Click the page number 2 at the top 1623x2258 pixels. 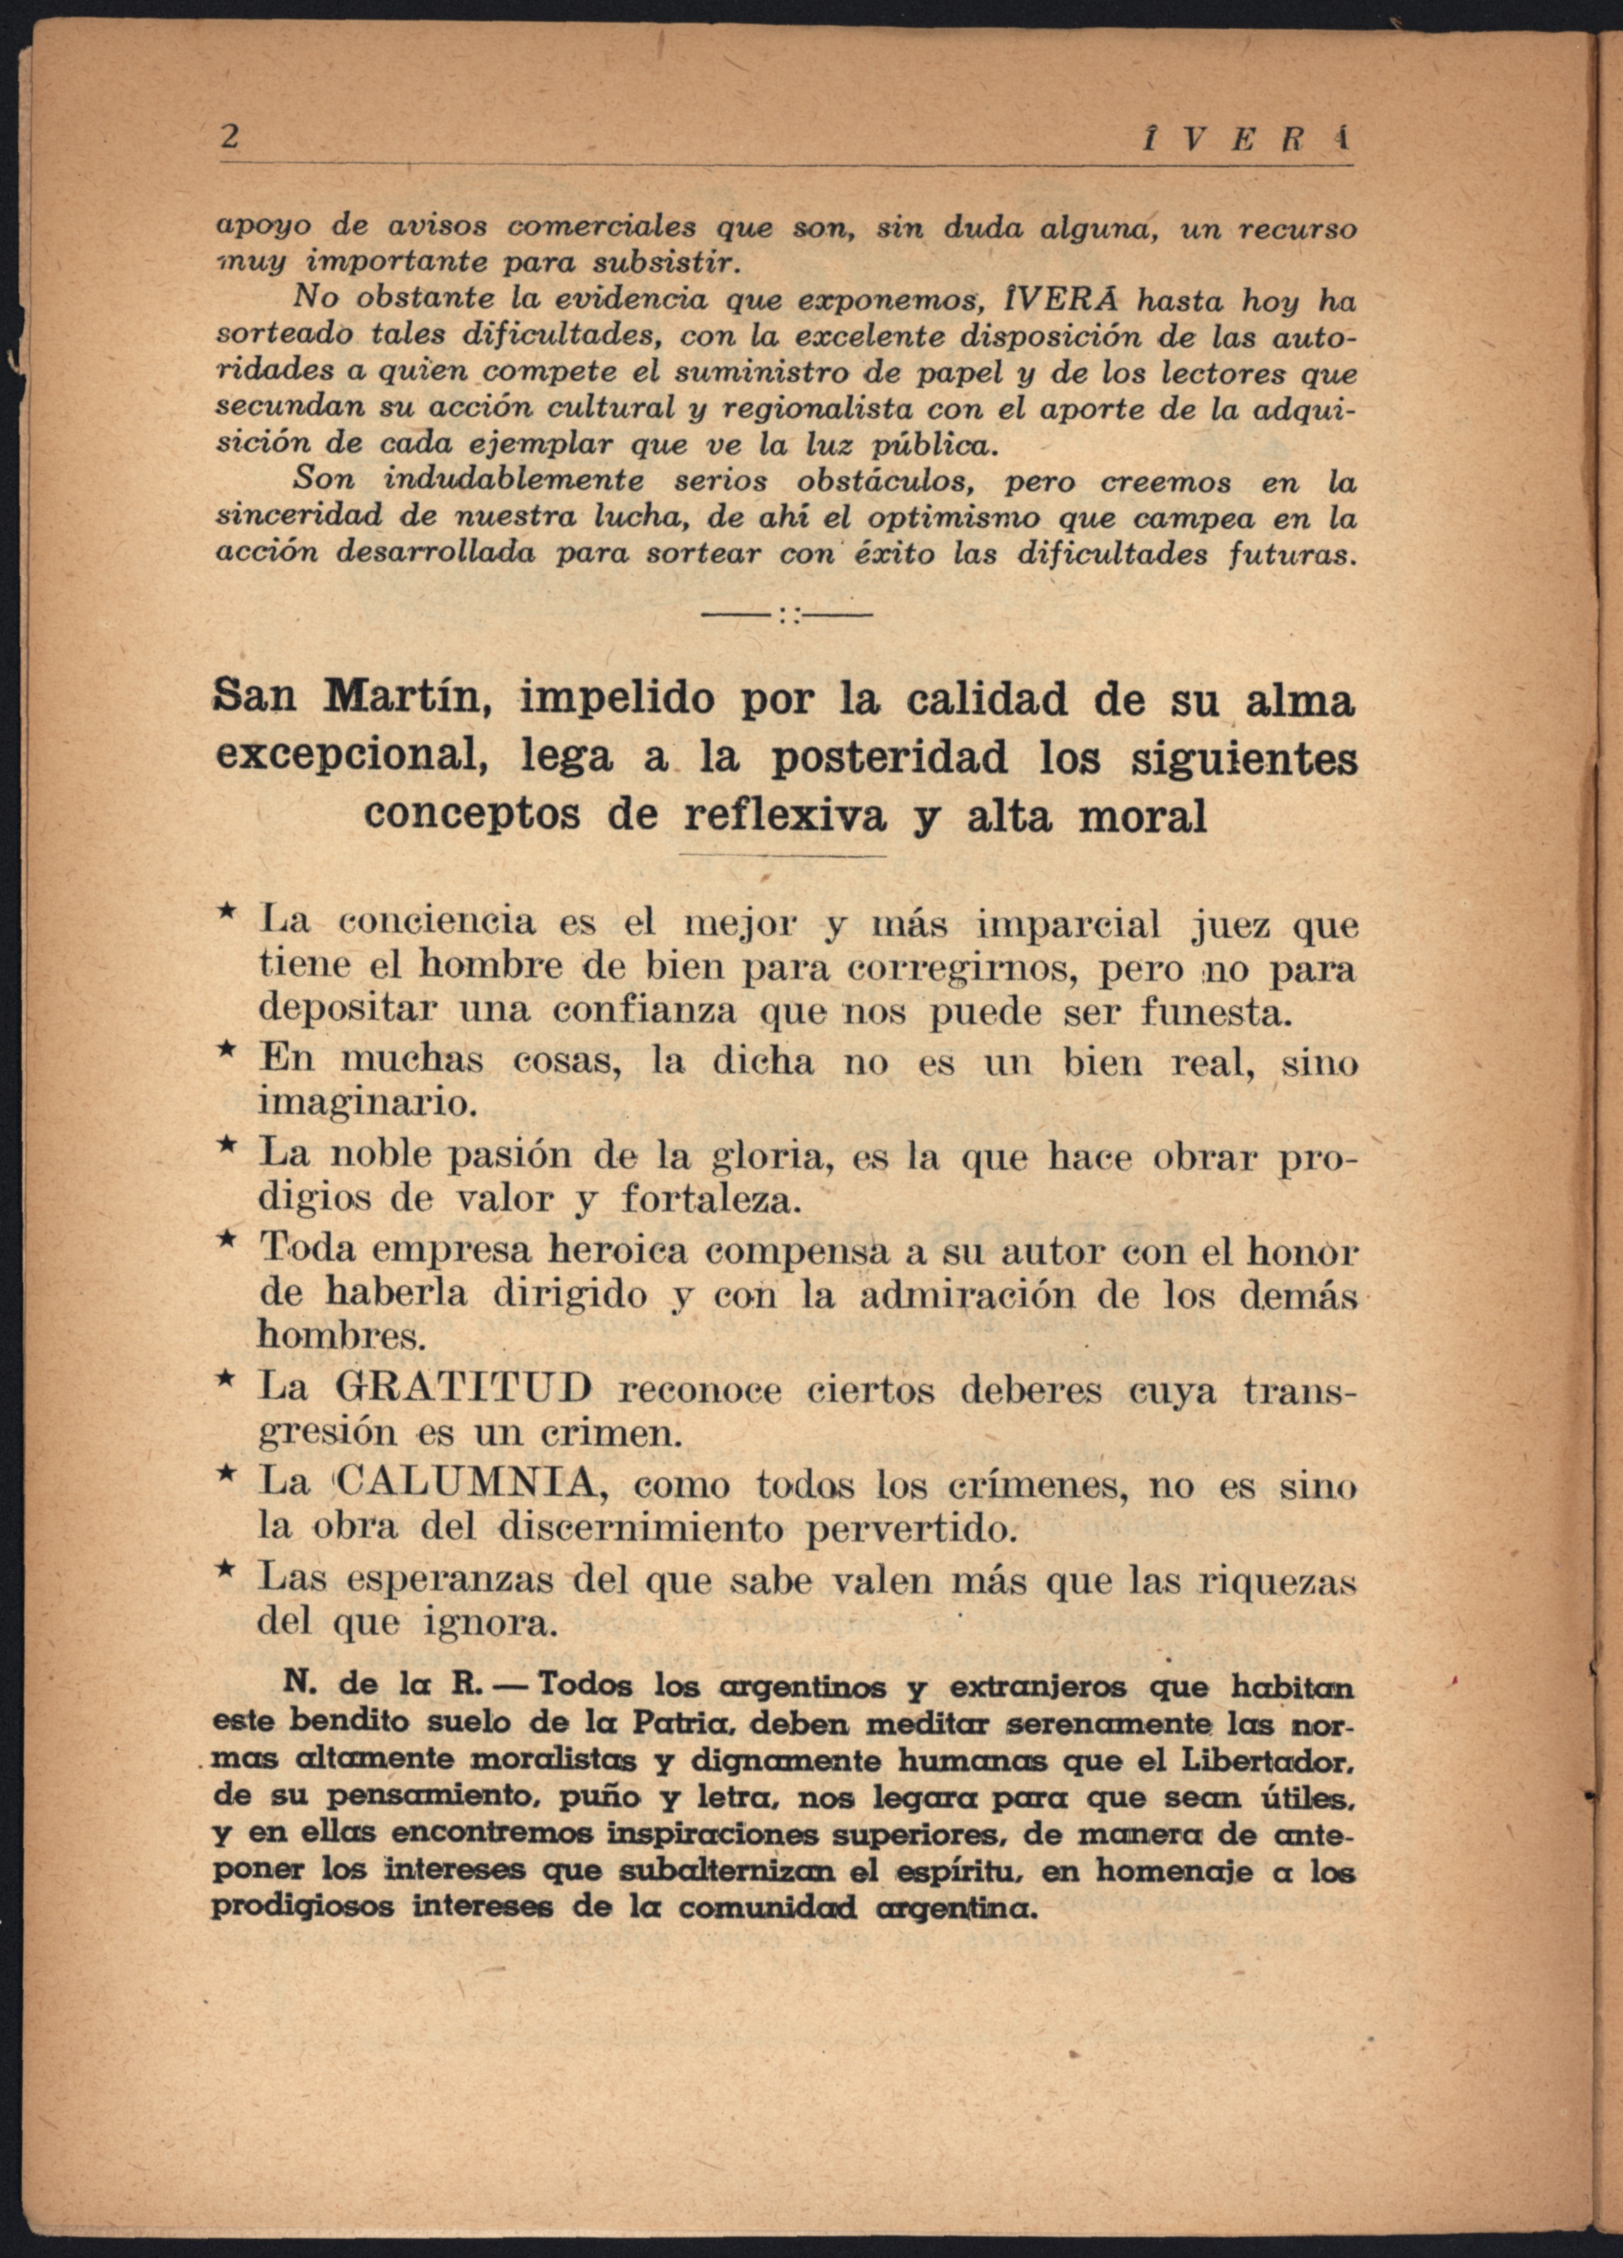coord(230,138)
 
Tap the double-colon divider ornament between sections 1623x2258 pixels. coord(787,616)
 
